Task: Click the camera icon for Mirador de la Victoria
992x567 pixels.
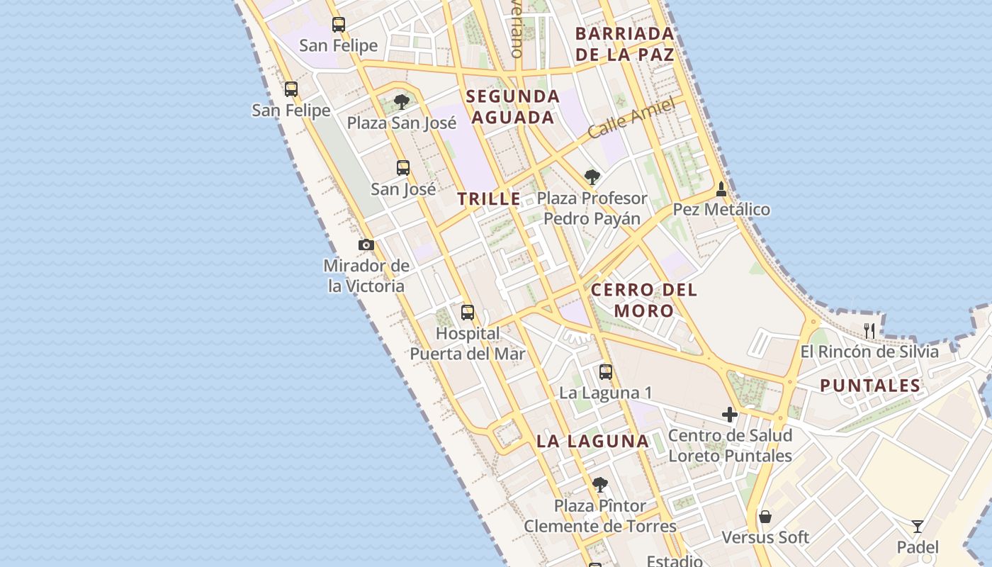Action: pos(366,245)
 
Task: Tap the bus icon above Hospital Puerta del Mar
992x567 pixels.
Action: pos(468,313)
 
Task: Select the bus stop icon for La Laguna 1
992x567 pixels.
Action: pos(606,372)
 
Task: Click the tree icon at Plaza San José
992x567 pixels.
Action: pos(402,102)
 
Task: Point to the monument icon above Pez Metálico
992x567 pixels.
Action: pos(721,189)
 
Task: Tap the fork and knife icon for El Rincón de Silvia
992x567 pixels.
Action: pos(870,331)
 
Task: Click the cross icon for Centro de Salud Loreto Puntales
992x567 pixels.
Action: pos(730,415)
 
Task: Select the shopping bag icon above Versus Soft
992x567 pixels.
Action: pos(765,517)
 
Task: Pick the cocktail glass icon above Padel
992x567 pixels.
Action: pos(918,527)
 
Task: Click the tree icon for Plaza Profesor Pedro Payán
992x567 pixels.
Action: pos(592,177)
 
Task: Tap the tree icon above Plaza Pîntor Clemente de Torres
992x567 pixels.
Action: pos(600,485)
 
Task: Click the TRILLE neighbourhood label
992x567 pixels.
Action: pos(489,199)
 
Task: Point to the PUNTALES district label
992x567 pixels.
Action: pos(870,386)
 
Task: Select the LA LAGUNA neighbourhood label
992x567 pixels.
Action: pos(592,441)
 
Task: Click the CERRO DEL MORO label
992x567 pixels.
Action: pos(644,300)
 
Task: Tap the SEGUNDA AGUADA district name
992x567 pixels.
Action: pos(513,107)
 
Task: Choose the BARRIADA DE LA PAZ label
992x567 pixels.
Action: pos(624,44)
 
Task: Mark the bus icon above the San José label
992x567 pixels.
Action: pos(403,168)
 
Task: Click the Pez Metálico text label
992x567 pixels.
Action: pos(721,210)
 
